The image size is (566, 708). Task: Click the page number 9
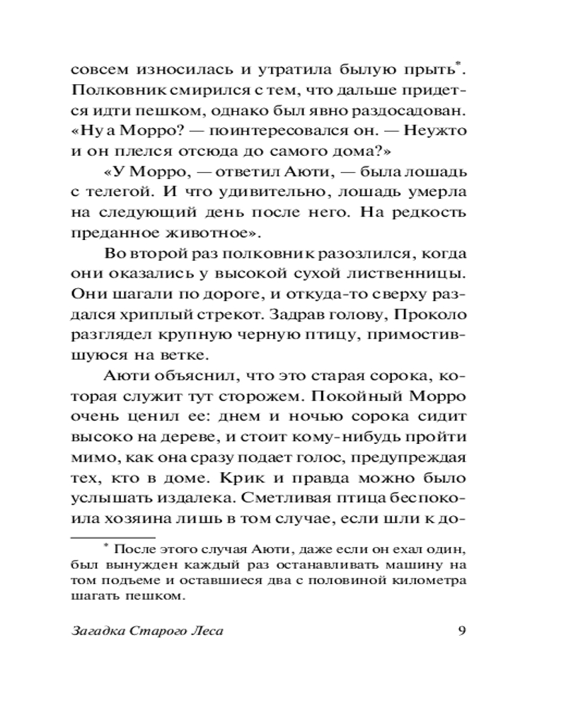(x=461, y=632)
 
